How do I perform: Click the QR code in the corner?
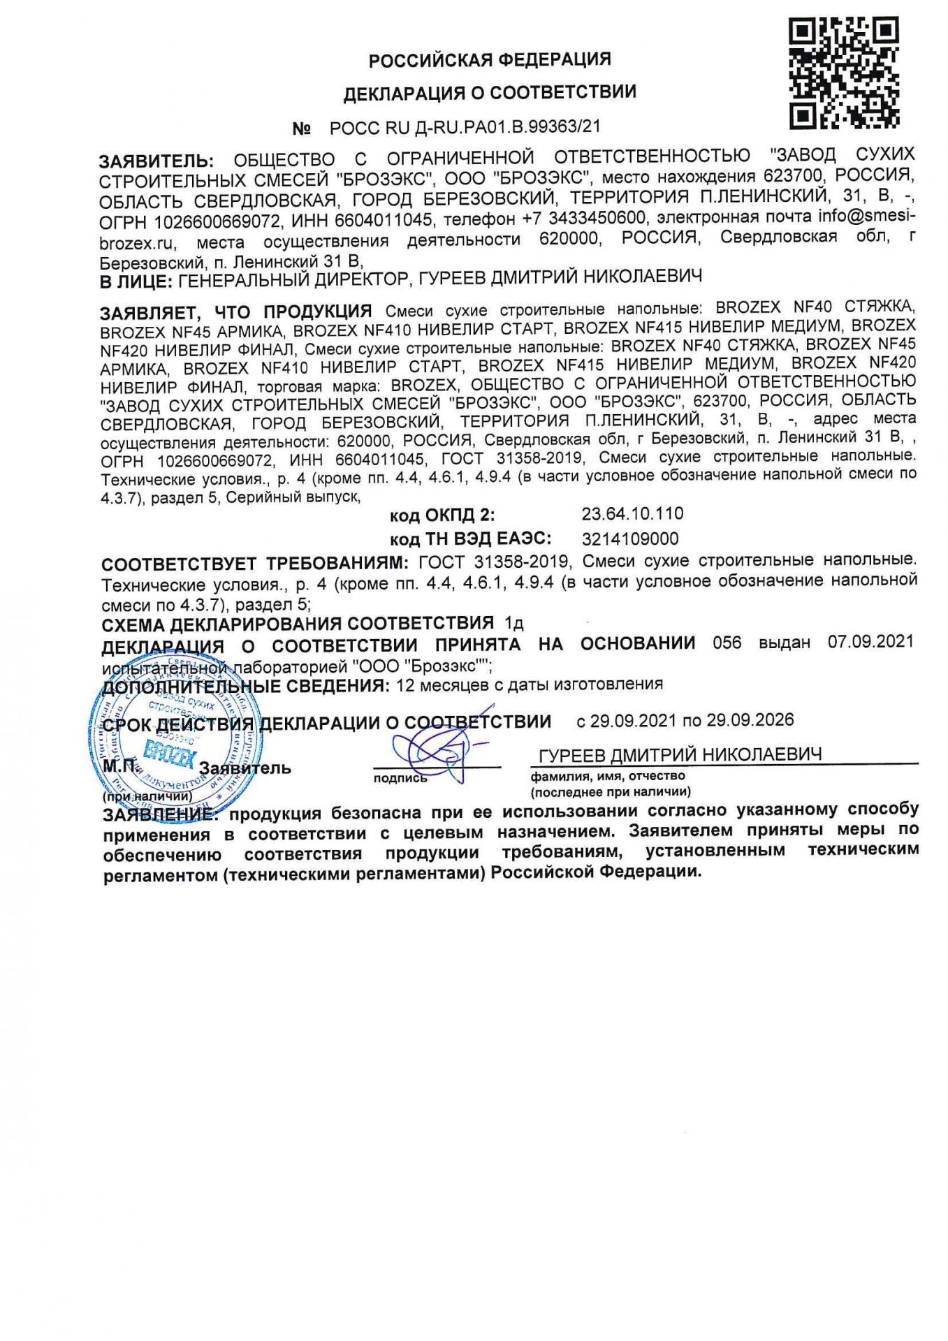point(844,73)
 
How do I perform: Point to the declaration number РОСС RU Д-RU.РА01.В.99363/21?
point(465,127)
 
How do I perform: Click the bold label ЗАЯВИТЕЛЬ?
point(157,162)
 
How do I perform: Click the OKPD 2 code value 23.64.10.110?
point(632,514)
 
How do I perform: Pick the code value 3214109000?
point(629,539)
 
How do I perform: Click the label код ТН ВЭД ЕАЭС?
point(470,539)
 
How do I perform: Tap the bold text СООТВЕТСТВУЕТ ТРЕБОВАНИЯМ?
point(254,564)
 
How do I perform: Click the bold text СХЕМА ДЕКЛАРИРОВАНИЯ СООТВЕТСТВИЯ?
point(298,623)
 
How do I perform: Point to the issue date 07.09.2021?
point(870,642)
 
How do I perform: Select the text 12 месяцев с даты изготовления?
point(529,684)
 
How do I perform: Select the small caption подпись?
point(400,778)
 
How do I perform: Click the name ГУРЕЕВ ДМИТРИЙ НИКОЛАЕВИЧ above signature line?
point(680,755)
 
